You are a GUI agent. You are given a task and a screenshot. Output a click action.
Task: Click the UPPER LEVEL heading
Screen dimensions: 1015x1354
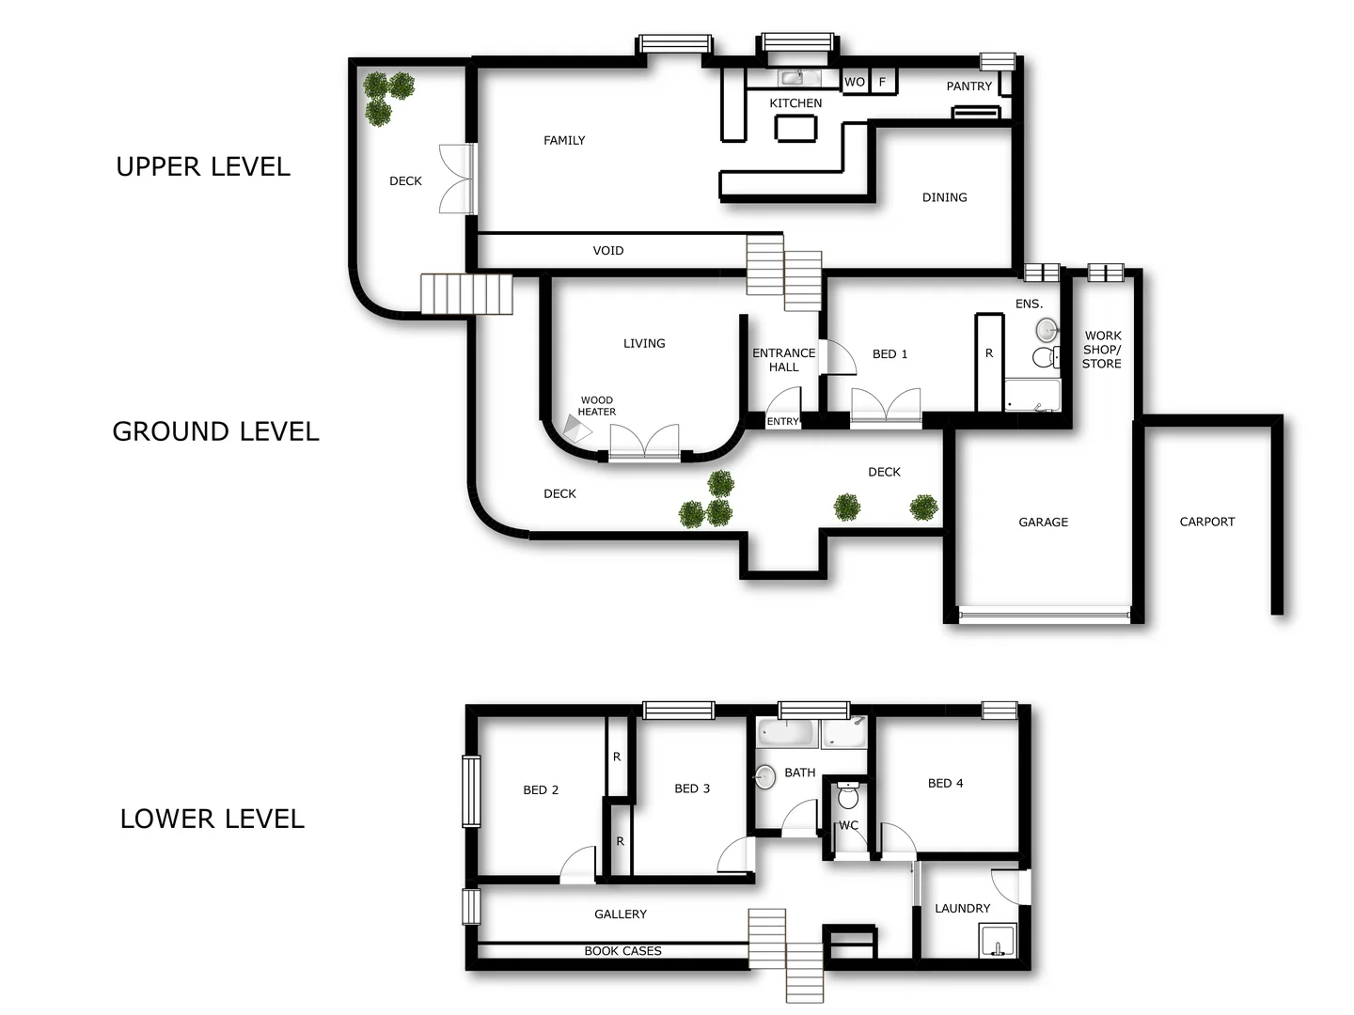pyautogui.click(x=203, y=167)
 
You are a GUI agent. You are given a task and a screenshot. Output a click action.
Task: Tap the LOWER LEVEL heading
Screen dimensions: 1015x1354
pyautogui.click(x=213, y=819)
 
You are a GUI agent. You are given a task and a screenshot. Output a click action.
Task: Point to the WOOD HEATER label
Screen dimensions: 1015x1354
pyautogui.click(x=597, y=406)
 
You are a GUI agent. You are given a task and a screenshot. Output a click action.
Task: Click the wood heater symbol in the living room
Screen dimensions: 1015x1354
pyautogui.click(x=576, y=429)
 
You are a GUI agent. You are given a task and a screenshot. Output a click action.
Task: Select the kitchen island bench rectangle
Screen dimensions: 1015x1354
pyautogui.click(x=795, y=128)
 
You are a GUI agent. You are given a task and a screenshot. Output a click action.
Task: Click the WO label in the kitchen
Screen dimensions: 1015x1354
pyautogui.click(x=854, y=82)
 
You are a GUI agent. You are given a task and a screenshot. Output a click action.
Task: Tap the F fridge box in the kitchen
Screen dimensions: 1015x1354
pyautogui.click(x=882, y=82)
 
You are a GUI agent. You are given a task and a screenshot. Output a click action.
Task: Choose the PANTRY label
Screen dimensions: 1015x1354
pyautogui.click(x=969, y=86)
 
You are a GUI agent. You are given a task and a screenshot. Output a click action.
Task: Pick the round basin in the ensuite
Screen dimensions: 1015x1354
pyautogui.click(x=1047, y=329)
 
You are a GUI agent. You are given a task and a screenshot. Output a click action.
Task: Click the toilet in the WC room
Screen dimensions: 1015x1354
pyautogui.click(x=848, y=796)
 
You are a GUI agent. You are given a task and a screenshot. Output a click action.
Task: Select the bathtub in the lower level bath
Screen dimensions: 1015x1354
pyautogui.click(x=787, y=733)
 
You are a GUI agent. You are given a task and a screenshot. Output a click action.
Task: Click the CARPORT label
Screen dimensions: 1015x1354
pyautogui.click(x=1207, y=522)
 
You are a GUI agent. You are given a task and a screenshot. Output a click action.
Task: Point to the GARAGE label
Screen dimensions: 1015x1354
pyautogui.click(x=1044, y=523)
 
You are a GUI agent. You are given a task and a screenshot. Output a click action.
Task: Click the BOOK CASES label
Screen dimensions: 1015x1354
pyautogui.click(x=622, y=951)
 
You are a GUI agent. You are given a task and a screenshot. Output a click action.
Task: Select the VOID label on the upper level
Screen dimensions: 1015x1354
pyautogui.click(x=608, y=251)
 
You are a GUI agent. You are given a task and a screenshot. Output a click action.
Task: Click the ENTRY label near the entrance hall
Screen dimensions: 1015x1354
pyautogui.click(x=782, y=422)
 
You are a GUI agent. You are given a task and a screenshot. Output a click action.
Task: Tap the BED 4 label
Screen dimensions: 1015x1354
pyautogui.click(x=945, y=783)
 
